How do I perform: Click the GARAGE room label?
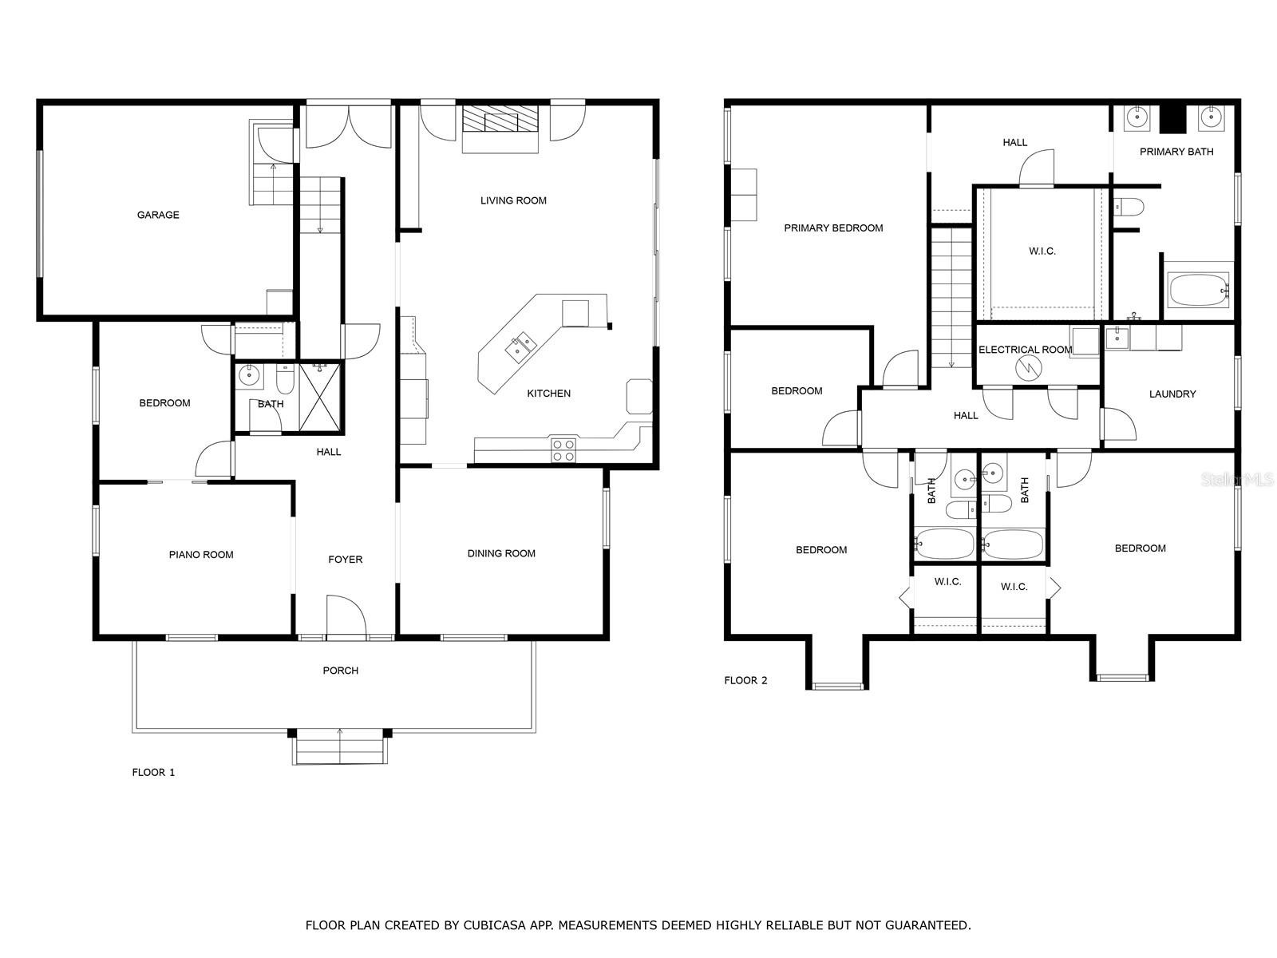[x=158, y=215]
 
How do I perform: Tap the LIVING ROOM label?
[x=513, y=200]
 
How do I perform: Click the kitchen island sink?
[x=520, y=347]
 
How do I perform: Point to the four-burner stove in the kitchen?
[x=563, y=449]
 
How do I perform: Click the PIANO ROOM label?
[x=201, y=555]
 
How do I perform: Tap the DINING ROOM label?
[x=501, y=553]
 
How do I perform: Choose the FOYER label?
[x=345, y=560]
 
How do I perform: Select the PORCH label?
[x=340, y=671]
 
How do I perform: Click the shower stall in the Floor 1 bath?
[x=319, y=398]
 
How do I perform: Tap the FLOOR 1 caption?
[x=153, y=773]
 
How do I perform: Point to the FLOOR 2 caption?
[x=745, y=680]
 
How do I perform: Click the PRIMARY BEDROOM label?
[x=833, y=228]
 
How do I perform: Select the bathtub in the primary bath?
[x=1199, y=291]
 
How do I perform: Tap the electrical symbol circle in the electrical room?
[x=1029, y=368]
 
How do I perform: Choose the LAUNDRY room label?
[x=1172, y=394]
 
